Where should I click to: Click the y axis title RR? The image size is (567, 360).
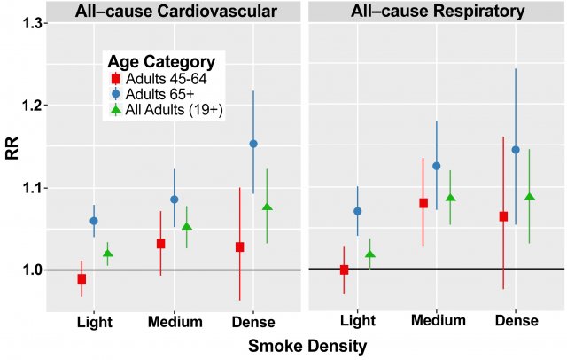[12, 147]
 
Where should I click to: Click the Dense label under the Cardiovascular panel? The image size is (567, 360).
[252, 322]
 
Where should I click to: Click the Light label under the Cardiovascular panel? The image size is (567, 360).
[94, 322]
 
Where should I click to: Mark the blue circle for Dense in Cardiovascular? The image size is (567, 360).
[253, 144]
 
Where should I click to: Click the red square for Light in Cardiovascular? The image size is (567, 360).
[82, 278]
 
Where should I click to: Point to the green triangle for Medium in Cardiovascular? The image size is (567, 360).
[187, 227]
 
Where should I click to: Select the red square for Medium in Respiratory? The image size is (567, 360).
[423, 203]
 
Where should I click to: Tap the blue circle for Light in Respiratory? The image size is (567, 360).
[357, 211]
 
